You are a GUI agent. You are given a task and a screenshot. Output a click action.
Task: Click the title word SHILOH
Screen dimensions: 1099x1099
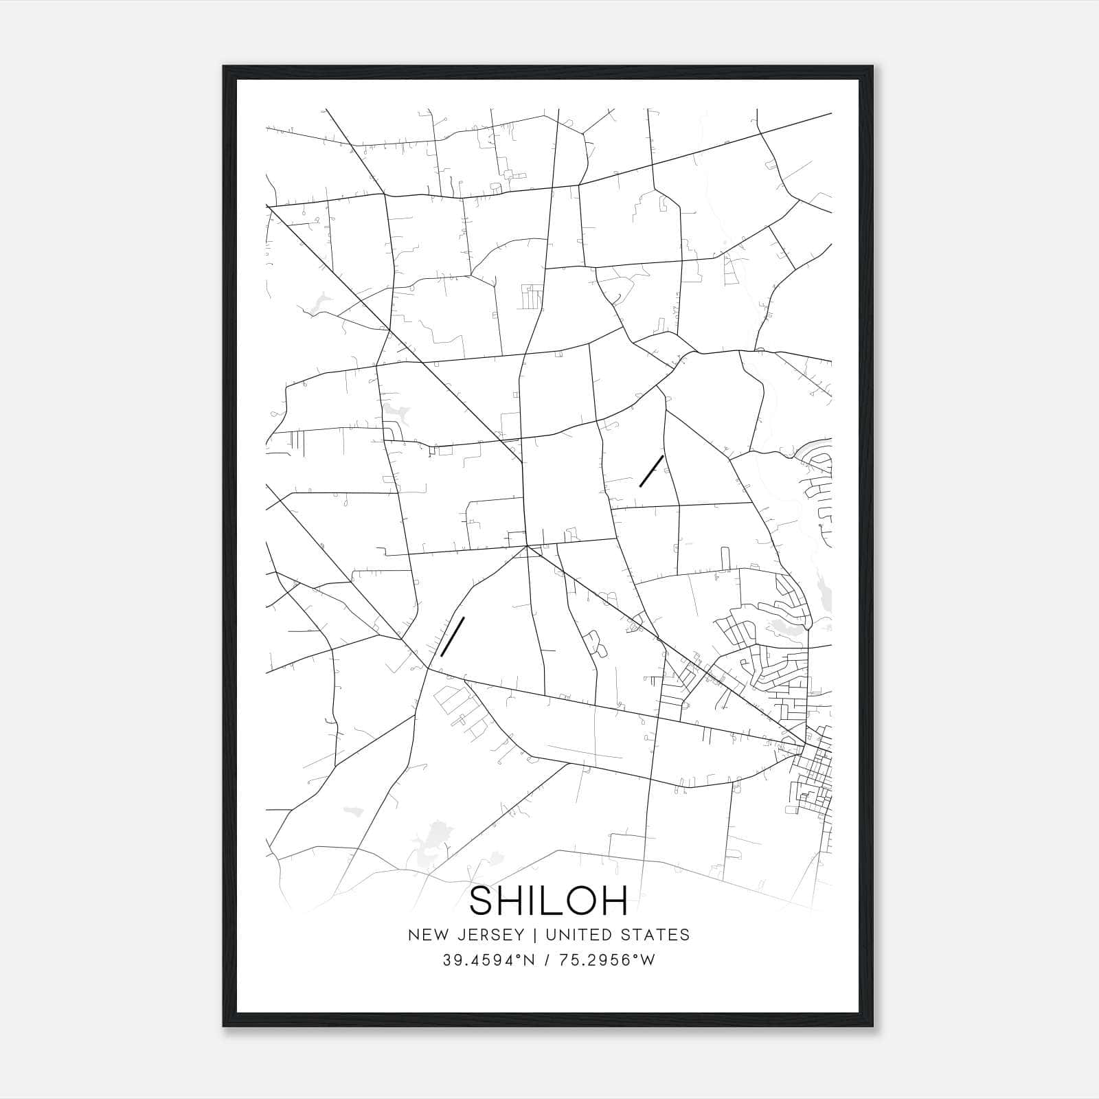tap(549, 901)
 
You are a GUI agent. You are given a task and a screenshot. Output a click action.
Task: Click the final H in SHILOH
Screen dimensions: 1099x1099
tap(614, 901)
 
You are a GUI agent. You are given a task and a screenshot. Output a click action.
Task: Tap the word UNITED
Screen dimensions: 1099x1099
tap(574, 935)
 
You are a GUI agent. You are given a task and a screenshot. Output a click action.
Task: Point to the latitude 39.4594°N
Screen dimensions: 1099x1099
tap(488, 960)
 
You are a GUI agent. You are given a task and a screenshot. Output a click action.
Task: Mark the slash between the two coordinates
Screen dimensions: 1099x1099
tap(547, 960)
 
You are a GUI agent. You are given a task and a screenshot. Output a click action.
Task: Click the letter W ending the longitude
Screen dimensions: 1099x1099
tap(649, 960)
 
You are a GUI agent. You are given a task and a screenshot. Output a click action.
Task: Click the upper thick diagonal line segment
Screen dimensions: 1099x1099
tap(651, 471)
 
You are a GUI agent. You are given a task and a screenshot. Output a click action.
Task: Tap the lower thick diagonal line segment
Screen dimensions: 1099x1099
tap(453, 636)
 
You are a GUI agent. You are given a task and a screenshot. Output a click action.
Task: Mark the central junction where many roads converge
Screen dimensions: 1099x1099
tap(526, 546)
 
